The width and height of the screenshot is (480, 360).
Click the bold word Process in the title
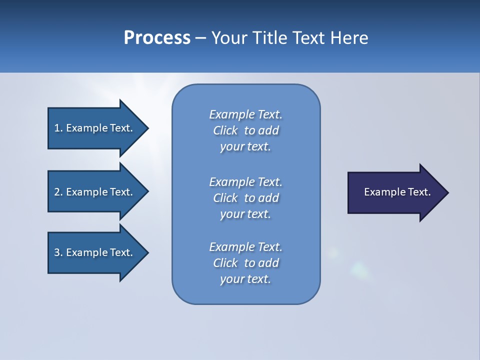tap(157, 38)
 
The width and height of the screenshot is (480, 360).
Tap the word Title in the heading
tap(268, 38)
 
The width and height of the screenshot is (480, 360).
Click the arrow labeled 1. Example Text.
tap(93, 128)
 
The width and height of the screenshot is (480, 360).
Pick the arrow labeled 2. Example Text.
tap(93, 192)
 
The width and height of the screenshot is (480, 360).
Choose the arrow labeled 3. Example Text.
tap(93, 252)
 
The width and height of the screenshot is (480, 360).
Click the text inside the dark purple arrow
tap(397, 192)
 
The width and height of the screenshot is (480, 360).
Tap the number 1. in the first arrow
tap(58, 128)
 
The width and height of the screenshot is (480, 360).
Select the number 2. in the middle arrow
tap(58, 192)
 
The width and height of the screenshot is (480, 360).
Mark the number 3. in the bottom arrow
tap(58, 252)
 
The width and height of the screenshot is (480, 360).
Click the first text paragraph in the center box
tap(245, 130)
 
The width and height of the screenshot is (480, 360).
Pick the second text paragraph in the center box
tap(245, 198)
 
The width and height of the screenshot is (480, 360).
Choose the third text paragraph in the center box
tap(245, 263)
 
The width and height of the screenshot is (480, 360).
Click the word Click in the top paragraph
tap(225, 131)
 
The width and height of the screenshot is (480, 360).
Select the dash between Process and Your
tap(200, 38)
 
